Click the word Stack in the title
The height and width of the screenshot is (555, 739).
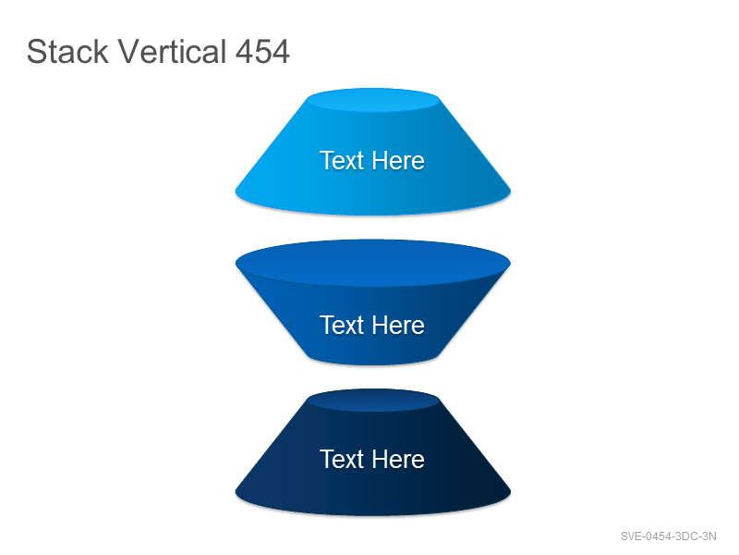(x=67, y=52)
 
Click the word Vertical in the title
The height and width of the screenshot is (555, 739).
(x=172, y=52)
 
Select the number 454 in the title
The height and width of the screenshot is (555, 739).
(x=262, y=52)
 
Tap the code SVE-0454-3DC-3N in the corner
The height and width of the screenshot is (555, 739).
(x=668, y=536)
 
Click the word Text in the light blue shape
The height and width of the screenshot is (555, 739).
(x=342, y=160)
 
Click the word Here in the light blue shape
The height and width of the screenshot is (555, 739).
(x=398, y=160)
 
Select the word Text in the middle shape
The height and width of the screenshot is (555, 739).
(x=342, y=326)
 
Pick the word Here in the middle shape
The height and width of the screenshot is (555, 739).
(x=398, y=326)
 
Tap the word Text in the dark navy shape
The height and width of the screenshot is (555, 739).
(x=342, y=459)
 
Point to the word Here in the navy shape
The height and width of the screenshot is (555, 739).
(x=398, y=459)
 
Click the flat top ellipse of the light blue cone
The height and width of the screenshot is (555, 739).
(x=373, y=100)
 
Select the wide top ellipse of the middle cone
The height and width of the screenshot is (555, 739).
(x=373, y=263)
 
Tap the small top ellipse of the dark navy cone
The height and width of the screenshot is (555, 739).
(x=373, y=401)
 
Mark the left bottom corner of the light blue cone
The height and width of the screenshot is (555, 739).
(x=236, y=191)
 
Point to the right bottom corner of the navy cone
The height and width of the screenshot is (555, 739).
(x=511, y=492)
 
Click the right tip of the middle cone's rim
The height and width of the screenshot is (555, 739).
(x=511, y=264)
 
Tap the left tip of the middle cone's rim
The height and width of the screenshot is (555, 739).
(x=236, y=264)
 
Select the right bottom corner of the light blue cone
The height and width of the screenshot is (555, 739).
(x=511, y=191)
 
